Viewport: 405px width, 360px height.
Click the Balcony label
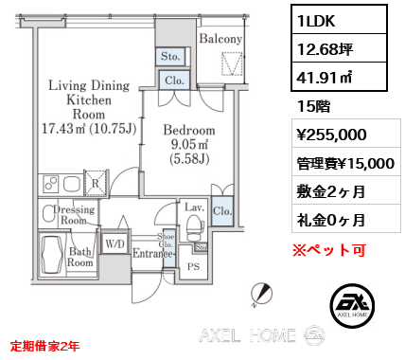(x=221, y=38)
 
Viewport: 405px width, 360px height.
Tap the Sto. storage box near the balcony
(x=170, y=57)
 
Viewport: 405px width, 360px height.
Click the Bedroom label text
(x=189, y=130)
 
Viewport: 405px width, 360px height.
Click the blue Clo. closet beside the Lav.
(x=222, y=210)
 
